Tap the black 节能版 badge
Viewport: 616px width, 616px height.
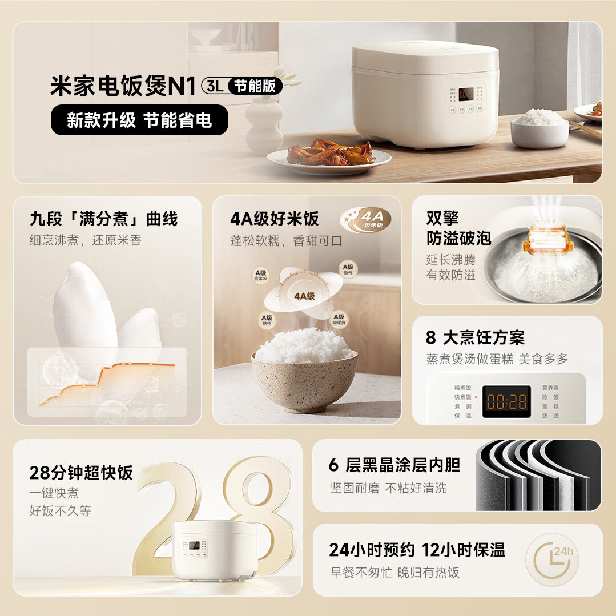click(x=255, y=86)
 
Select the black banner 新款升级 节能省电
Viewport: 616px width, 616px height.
click(x=139, y=120)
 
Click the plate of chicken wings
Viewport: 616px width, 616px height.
click(x=329, y=155)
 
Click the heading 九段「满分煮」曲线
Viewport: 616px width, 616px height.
click(x=104, y=219)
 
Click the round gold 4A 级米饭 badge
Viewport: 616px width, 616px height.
click(x=366, y=220)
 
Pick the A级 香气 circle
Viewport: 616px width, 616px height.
click(x=348, y=269)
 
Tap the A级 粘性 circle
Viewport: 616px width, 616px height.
click(x=267, y=320)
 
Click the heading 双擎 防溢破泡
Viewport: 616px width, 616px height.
click(x=458, y=228)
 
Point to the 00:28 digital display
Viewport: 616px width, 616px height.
click(x=506, y=401)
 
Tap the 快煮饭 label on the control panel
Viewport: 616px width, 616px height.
click(x=462, y=397)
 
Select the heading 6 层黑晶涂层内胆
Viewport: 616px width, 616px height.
click(x=394, y=465)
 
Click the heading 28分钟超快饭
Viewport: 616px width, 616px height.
click(x=81, y=473)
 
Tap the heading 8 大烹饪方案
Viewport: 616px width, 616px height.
click(x=475, y=337)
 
